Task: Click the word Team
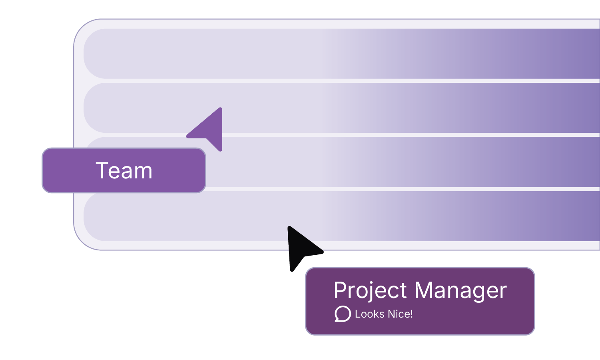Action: coord(124,170)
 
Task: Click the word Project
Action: coord(370,291)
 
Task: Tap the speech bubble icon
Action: coord(343,314)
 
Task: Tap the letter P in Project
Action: coord(340,290)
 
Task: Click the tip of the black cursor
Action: coord(289,227)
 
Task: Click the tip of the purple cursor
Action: coord(221,108)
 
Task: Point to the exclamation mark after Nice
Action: coord(411,314)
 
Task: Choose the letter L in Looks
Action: coord(358,314)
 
